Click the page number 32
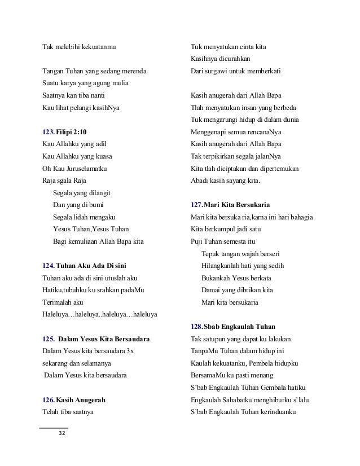[x=62, y=434]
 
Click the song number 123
[x=49, y=132]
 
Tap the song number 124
[x=49, y=265]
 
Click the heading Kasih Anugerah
[x=82, y=400]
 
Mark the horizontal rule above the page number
[x=54, y=428]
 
